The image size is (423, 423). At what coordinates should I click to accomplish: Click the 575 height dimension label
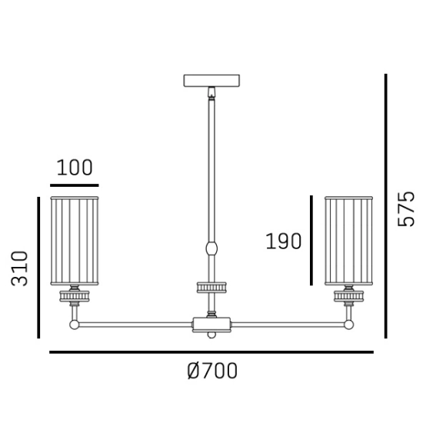click(406, 208)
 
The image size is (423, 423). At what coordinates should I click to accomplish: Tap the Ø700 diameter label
click(212, 371)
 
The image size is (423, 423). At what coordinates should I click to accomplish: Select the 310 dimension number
click(19, 268)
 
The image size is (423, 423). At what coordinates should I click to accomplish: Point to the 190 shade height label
click(284, 241)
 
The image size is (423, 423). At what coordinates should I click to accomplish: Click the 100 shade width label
click(75, 168)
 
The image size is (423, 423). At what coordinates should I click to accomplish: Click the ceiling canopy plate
click(211, 81)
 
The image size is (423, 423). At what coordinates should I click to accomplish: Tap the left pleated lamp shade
click(75, 241)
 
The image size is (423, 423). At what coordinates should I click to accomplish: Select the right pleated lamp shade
click(349, 241)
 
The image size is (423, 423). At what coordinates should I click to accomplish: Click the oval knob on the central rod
click(211, 248)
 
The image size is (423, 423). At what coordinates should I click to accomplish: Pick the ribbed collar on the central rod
click(211, 288)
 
